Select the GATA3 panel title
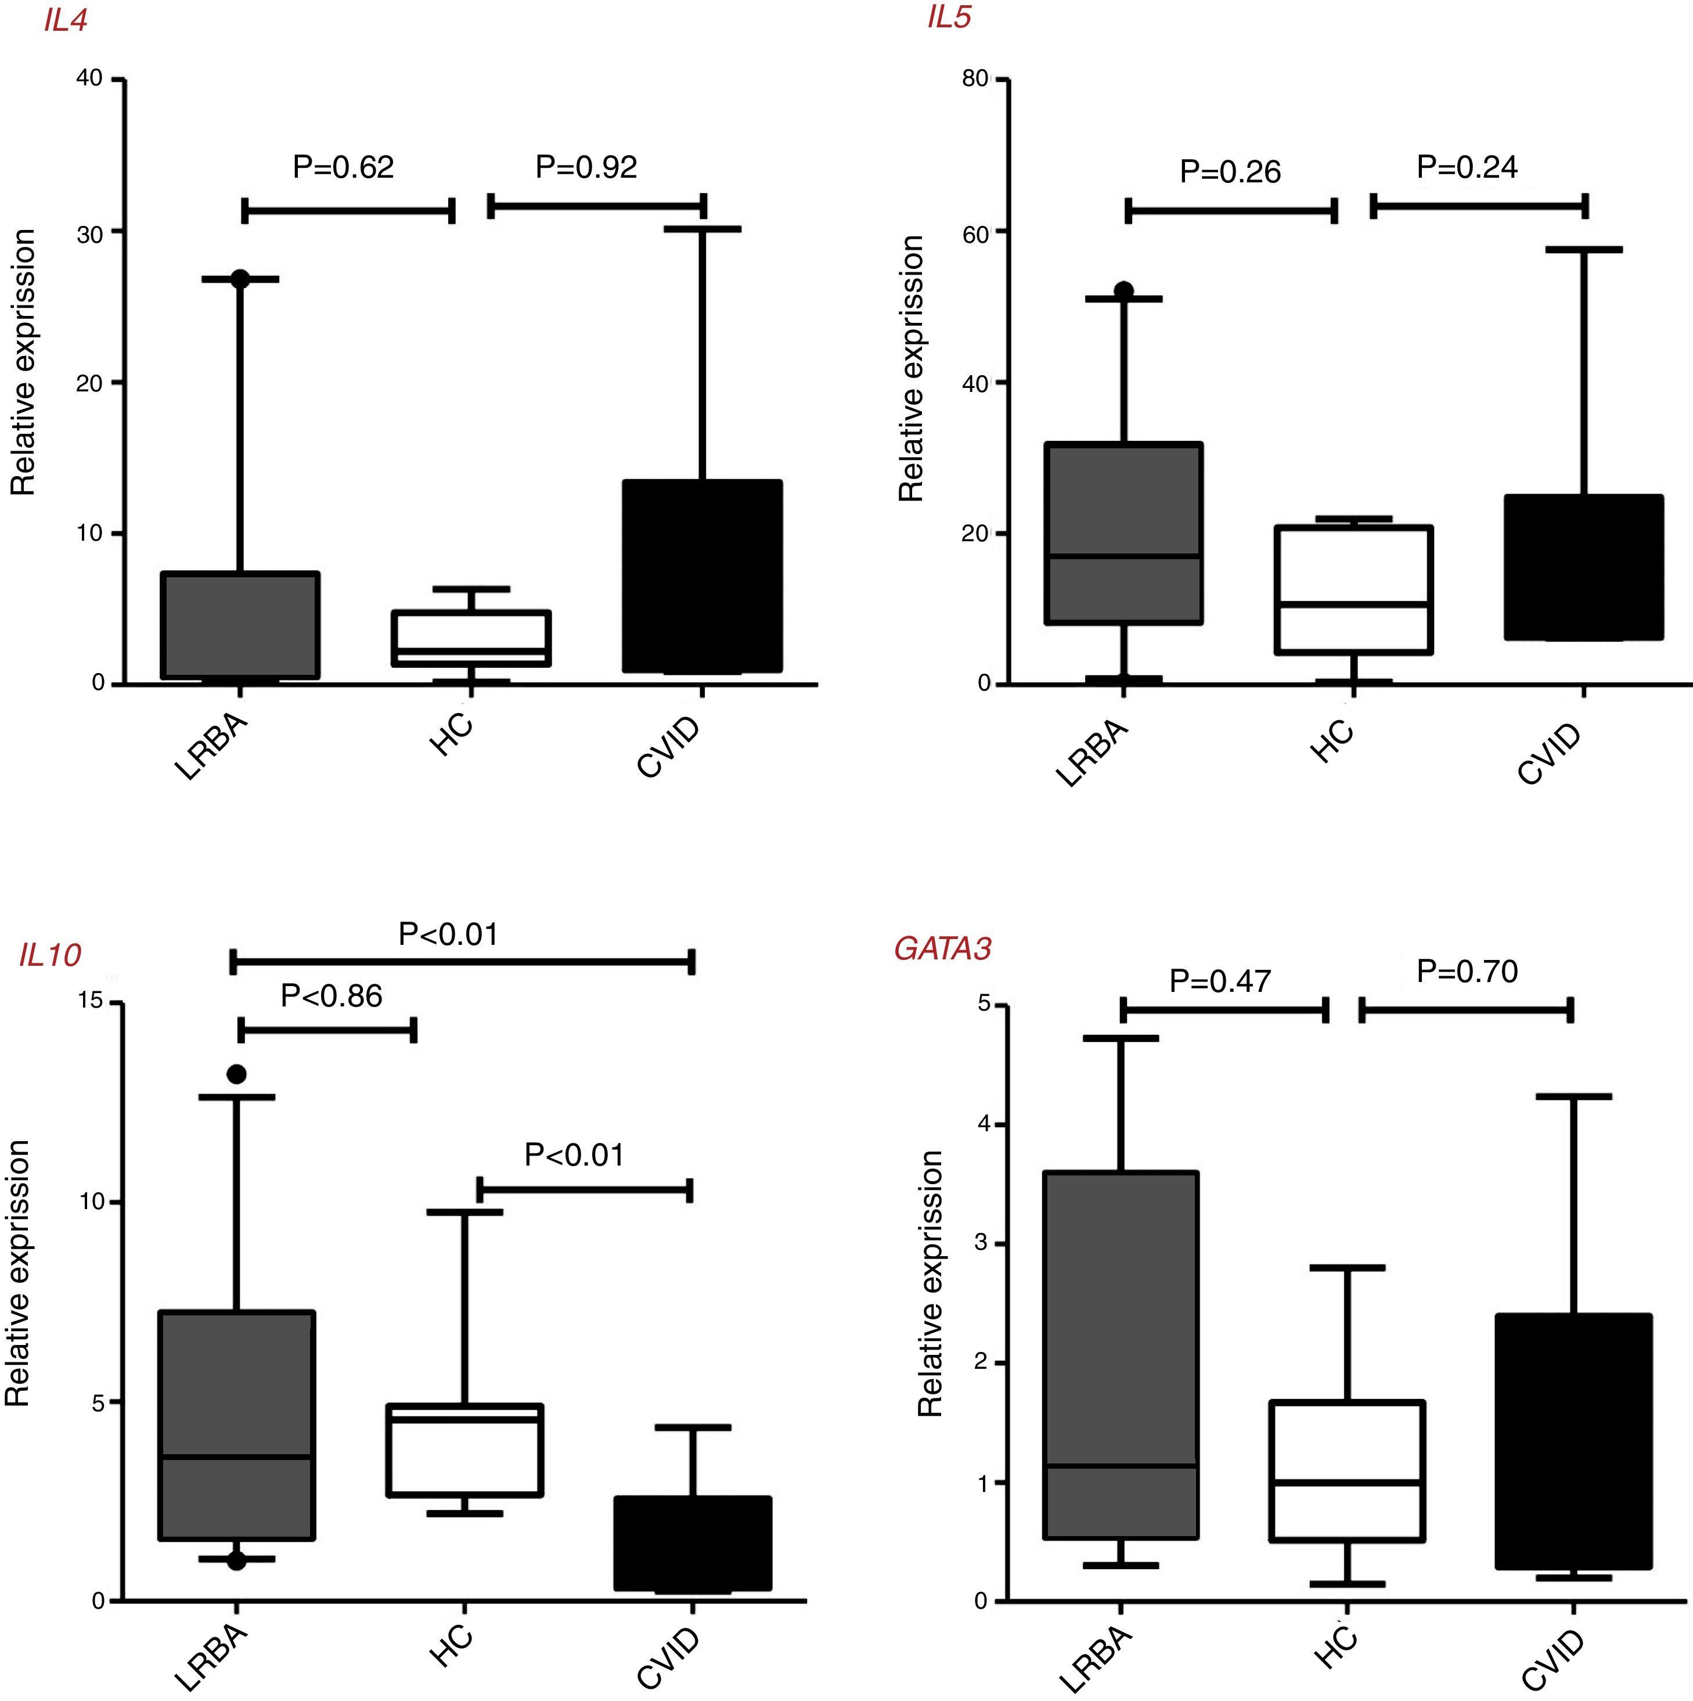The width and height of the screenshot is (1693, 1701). (942, 948)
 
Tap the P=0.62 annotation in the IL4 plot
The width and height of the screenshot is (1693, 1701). (343, 167)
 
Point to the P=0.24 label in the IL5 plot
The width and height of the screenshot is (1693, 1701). (1467, 167)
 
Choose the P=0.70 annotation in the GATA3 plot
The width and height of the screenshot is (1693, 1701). (1467, 971)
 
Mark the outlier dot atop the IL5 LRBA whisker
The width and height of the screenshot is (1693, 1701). (1124, 290)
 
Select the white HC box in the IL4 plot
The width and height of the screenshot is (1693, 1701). (472, 638)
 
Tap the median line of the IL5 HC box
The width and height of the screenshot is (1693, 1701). (1353, 604)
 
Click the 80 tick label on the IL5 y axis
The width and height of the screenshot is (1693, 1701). (975, 79)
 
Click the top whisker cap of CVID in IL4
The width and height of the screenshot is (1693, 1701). (703, 229)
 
